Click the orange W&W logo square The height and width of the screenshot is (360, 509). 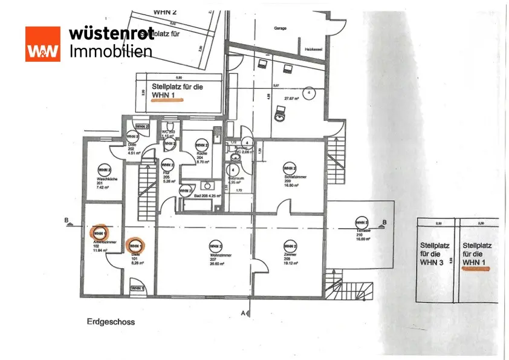point(42,44)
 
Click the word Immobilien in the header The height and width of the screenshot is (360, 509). point(111,51)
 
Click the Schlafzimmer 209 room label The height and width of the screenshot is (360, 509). point(290,180)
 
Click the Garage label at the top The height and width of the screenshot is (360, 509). point(280,28)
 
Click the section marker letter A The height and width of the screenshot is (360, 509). point(243,313)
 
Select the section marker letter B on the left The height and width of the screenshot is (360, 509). point(66,220)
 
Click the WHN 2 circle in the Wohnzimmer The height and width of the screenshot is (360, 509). point(215,246)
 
